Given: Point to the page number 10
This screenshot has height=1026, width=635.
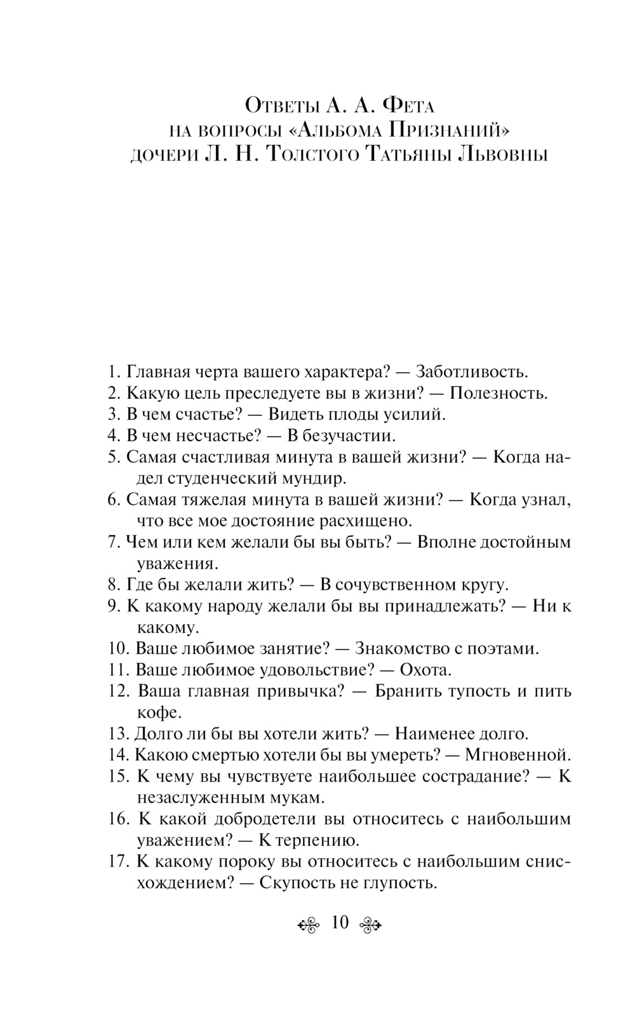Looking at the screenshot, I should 340,922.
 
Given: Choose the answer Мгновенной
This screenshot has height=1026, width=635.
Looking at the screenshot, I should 518,755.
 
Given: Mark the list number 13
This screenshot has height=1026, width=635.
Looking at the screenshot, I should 119,734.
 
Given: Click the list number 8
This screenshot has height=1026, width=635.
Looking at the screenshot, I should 114,585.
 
